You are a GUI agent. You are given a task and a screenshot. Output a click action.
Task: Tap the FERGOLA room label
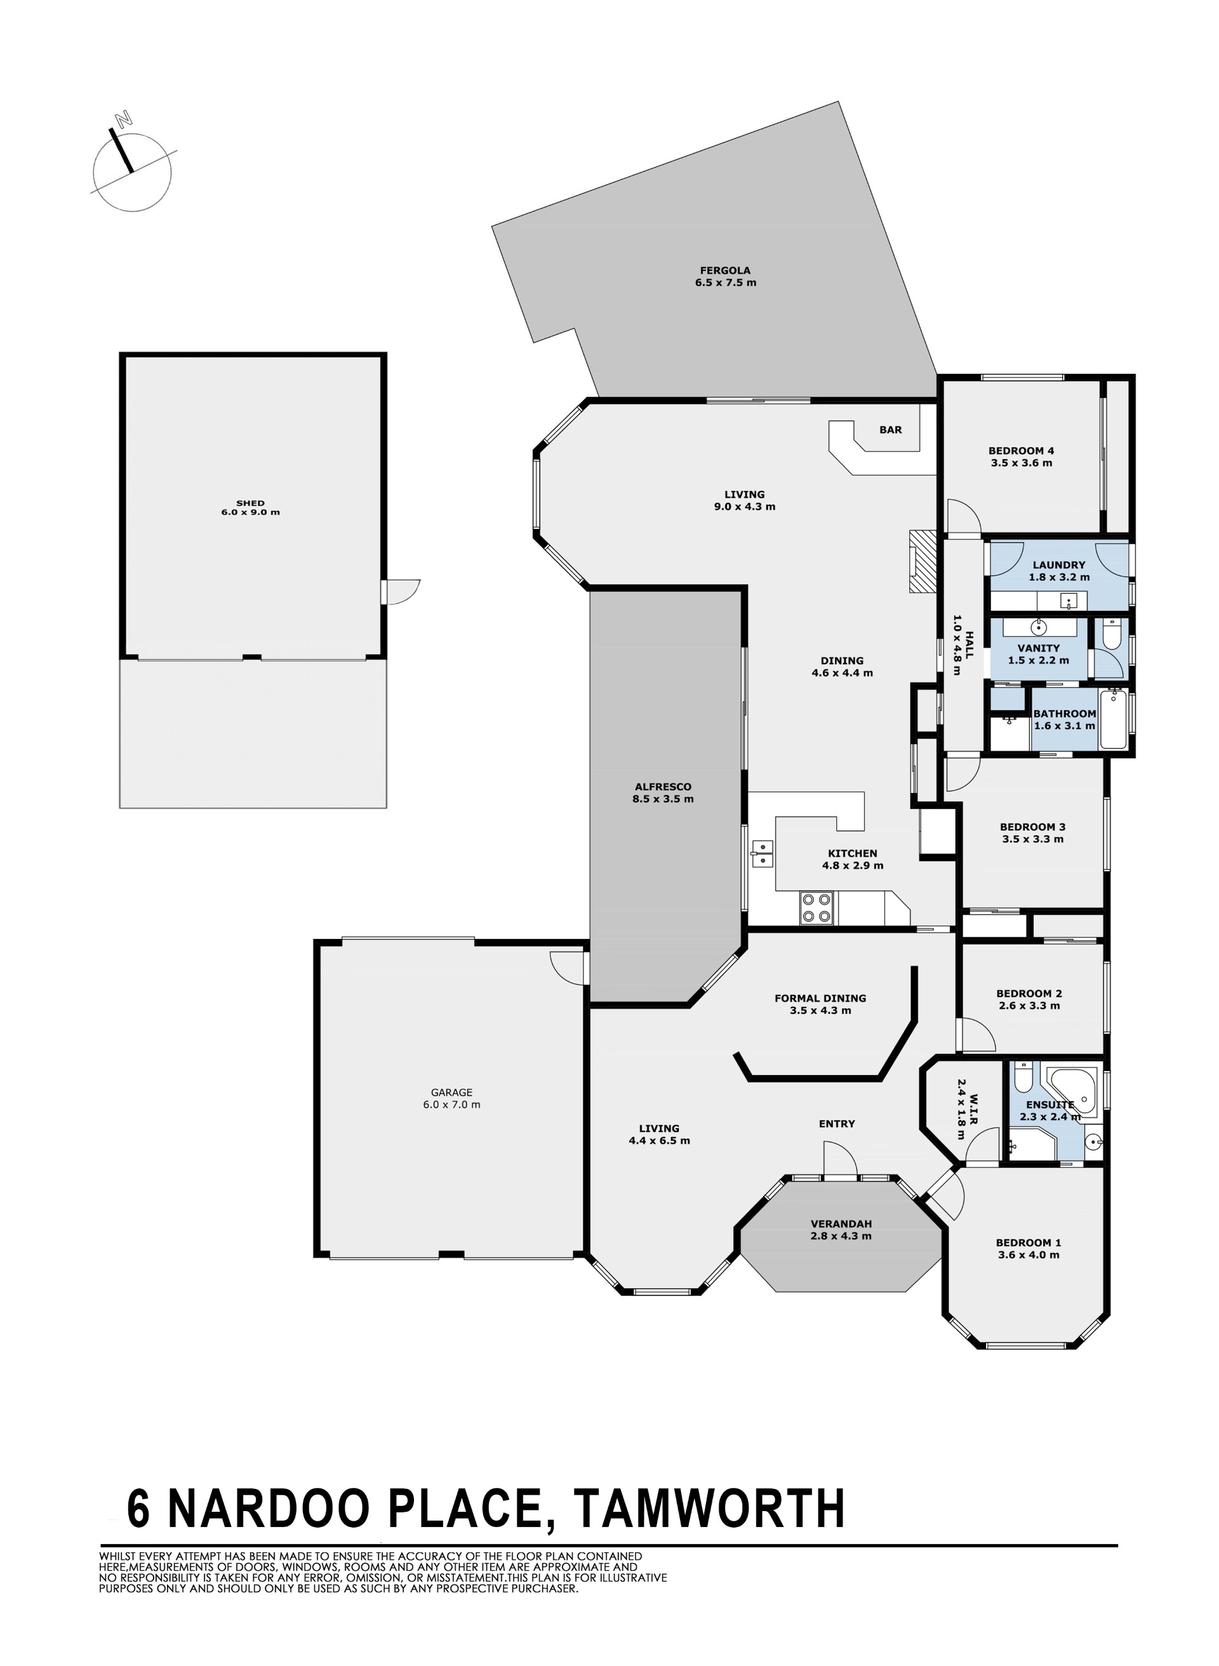tap(725, 270)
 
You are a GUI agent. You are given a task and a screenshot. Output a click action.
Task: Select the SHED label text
tap(250, 503)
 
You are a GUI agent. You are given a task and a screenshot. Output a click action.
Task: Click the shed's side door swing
tap(404, 592)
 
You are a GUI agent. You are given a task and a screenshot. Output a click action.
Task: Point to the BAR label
tap(891, 430)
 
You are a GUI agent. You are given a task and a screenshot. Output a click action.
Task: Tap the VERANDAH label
tap(841, 1224)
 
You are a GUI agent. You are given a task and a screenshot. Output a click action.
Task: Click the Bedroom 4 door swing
tap(964, 516)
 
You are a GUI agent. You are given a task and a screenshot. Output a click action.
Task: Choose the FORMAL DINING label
tap(820, 998)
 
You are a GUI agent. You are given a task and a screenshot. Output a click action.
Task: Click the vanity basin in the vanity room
tap(1039, 628)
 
